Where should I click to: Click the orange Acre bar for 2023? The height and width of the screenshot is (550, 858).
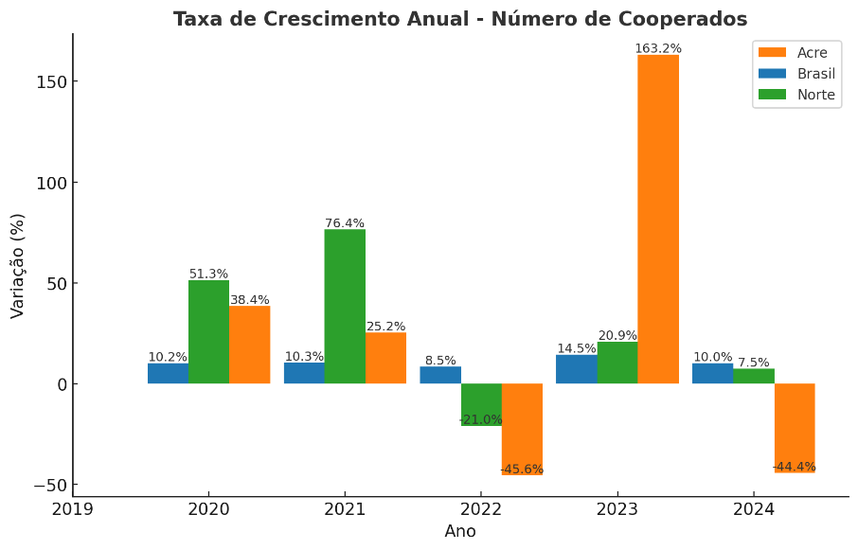coord(658,219)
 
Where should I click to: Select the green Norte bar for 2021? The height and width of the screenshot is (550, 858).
coord(345,306)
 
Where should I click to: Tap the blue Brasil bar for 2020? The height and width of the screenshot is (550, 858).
coord(168,373)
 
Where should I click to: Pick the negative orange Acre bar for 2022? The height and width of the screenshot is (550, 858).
coord(522,428)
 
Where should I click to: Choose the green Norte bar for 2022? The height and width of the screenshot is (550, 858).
coord(481,404)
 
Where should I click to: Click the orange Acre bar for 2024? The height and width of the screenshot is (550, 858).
coord(795,427)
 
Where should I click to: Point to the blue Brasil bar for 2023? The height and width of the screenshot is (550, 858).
coord(576,369)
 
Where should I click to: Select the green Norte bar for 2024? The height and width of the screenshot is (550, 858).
coord(754,376)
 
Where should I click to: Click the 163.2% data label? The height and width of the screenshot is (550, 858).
coord(658,48)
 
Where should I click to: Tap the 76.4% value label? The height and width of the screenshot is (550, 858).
coord(345,223)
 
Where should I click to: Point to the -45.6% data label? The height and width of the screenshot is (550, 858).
coord(522,470)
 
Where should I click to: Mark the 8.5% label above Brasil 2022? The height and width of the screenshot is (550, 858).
coord(440,361)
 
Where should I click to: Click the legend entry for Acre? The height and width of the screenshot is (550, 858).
coord(796,53)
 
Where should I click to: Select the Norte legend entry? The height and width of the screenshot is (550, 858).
coord(796,95)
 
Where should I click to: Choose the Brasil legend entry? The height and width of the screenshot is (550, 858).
coord(796,74)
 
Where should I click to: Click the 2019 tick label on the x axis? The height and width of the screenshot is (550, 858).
coord(72,509)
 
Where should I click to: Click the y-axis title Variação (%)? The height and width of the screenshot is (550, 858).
coord(18,265)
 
